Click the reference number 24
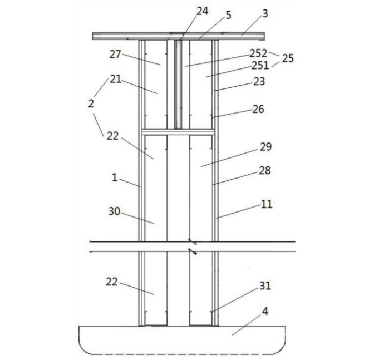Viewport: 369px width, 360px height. pos(203,11)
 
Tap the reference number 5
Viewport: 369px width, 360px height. pos(229,15)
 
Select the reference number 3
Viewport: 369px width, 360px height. pos(265,14)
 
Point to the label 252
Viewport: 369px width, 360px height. pos(258,53)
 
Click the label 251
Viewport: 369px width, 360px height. pos(260,66)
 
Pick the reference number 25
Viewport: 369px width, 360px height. pos(288,58)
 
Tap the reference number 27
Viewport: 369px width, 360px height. pos(115,55)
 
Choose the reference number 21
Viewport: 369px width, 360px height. pos(116,79)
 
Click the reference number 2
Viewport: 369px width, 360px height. pos(91,103)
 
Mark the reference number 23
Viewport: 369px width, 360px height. pos(259,81)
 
